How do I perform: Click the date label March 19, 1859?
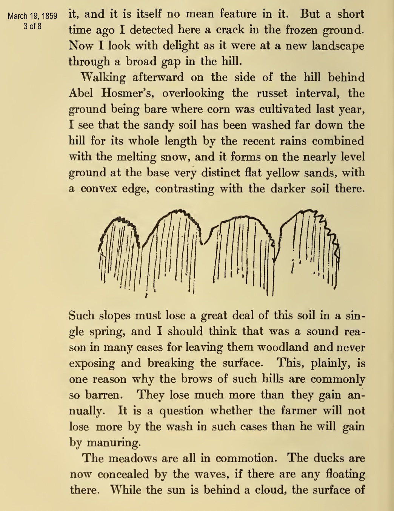[32, 16]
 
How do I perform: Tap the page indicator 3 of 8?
[32, 26]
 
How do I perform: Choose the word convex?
[99, 189]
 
